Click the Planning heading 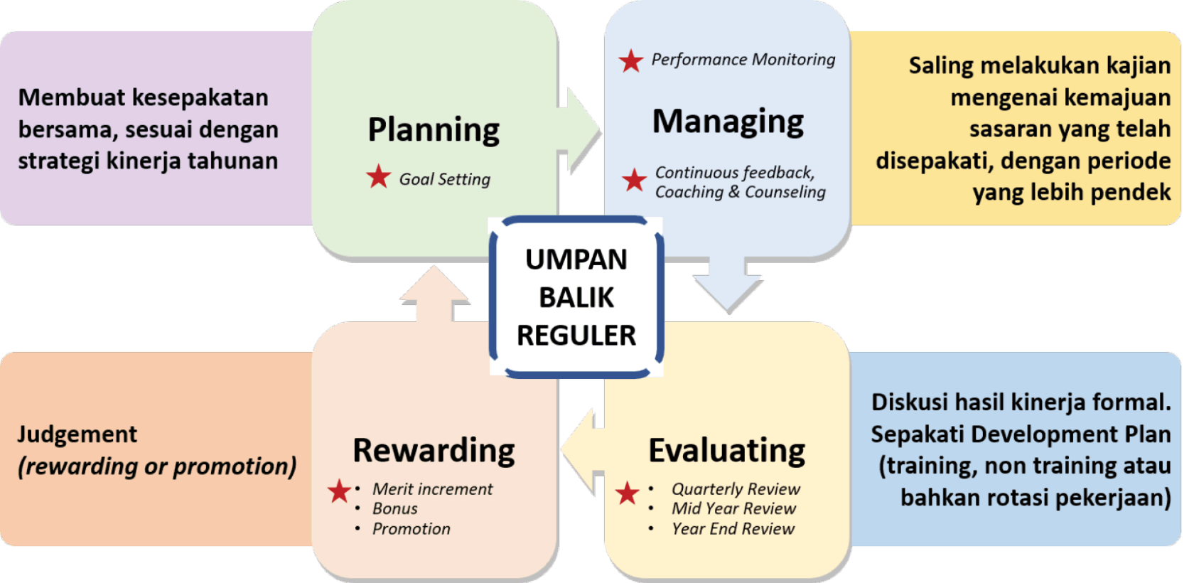(434, 130)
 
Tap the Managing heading (728, 122)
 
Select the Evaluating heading (726, 451)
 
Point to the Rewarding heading (434, 451)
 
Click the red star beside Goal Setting (379, 177)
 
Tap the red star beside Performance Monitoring (631, 61)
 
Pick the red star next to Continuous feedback (634, 180)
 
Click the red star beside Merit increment (340, 491)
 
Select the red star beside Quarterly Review (627, 493)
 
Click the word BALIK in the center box (576, 298)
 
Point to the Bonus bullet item (395, 509)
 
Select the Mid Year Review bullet (733, 509)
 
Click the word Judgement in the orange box (77, 434)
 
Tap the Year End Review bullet (733, 529)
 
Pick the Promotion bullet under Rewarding (411, 529)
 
